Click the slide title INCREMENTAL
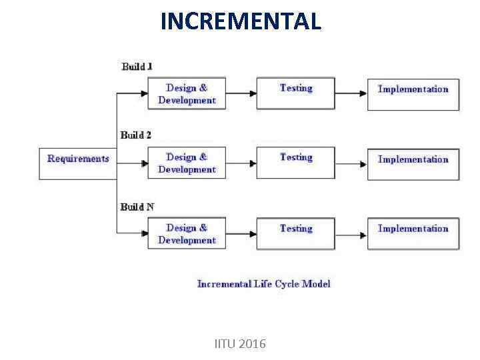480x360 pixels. click(241, 21)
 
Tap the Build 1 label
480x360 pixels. click(137, 66)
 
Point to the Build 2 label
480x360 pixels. click(136, 135)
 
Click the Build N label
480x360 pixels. click(137, 207)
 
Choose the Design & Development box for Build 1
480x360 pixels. click(187, 94)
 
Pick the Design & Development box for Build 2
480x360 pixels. click(187, 163)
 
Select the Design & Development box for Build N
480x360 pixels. click(187, 233)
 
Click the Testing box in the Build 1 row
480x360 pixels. click(296, 94)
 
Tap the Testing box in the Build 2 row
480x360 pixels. click(296, 163)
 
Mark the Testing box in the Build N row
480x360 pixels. click(296, 233)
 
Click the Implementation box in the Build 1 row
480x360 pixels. click(413, 94)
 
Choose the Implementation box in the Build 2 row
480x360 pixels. click(413, 163)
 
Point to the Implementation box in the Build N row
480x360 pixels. click(413, 233)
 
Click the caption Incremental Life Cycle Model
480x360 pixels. click(264, 284)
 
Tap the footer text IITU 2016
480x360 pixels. click(240, 344)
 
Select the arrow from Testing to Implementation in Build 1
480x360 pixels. click(351, 93)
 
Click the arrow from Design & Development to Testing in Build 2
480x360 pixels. click(241, 163)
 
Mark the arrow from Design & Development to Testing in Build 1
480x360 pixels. click(241, 93)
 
